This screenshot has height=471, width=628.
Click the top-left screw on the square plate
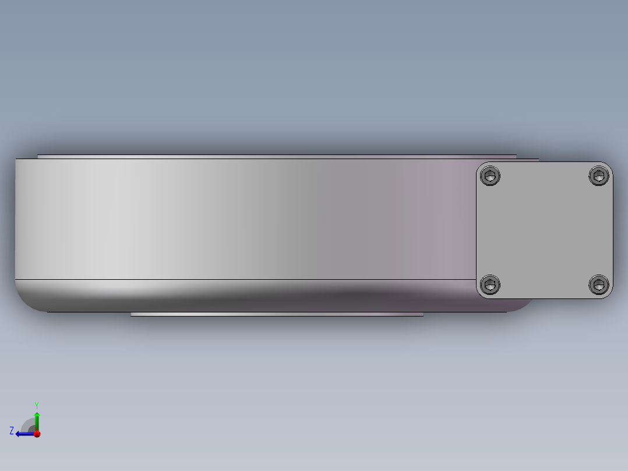coord(490,176)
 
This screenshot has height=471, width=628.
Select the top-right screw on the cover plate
coord(599,175)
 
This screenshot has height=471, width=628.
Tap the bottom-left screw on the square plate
coord(490,285)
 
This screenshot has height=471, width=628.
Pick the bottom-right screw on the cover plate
coord(599,284)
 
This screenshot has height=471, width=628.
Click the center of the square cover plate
coord(544,230)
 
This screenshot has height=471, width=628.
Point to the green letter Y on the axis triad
coord(37,405)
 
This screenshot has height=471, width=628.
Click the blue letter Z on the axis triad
coord(12,431)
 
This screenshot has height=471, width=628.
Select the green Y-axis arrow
coord(37,421)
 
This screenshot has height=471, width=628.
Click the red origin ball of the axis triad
coord(37,434)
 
